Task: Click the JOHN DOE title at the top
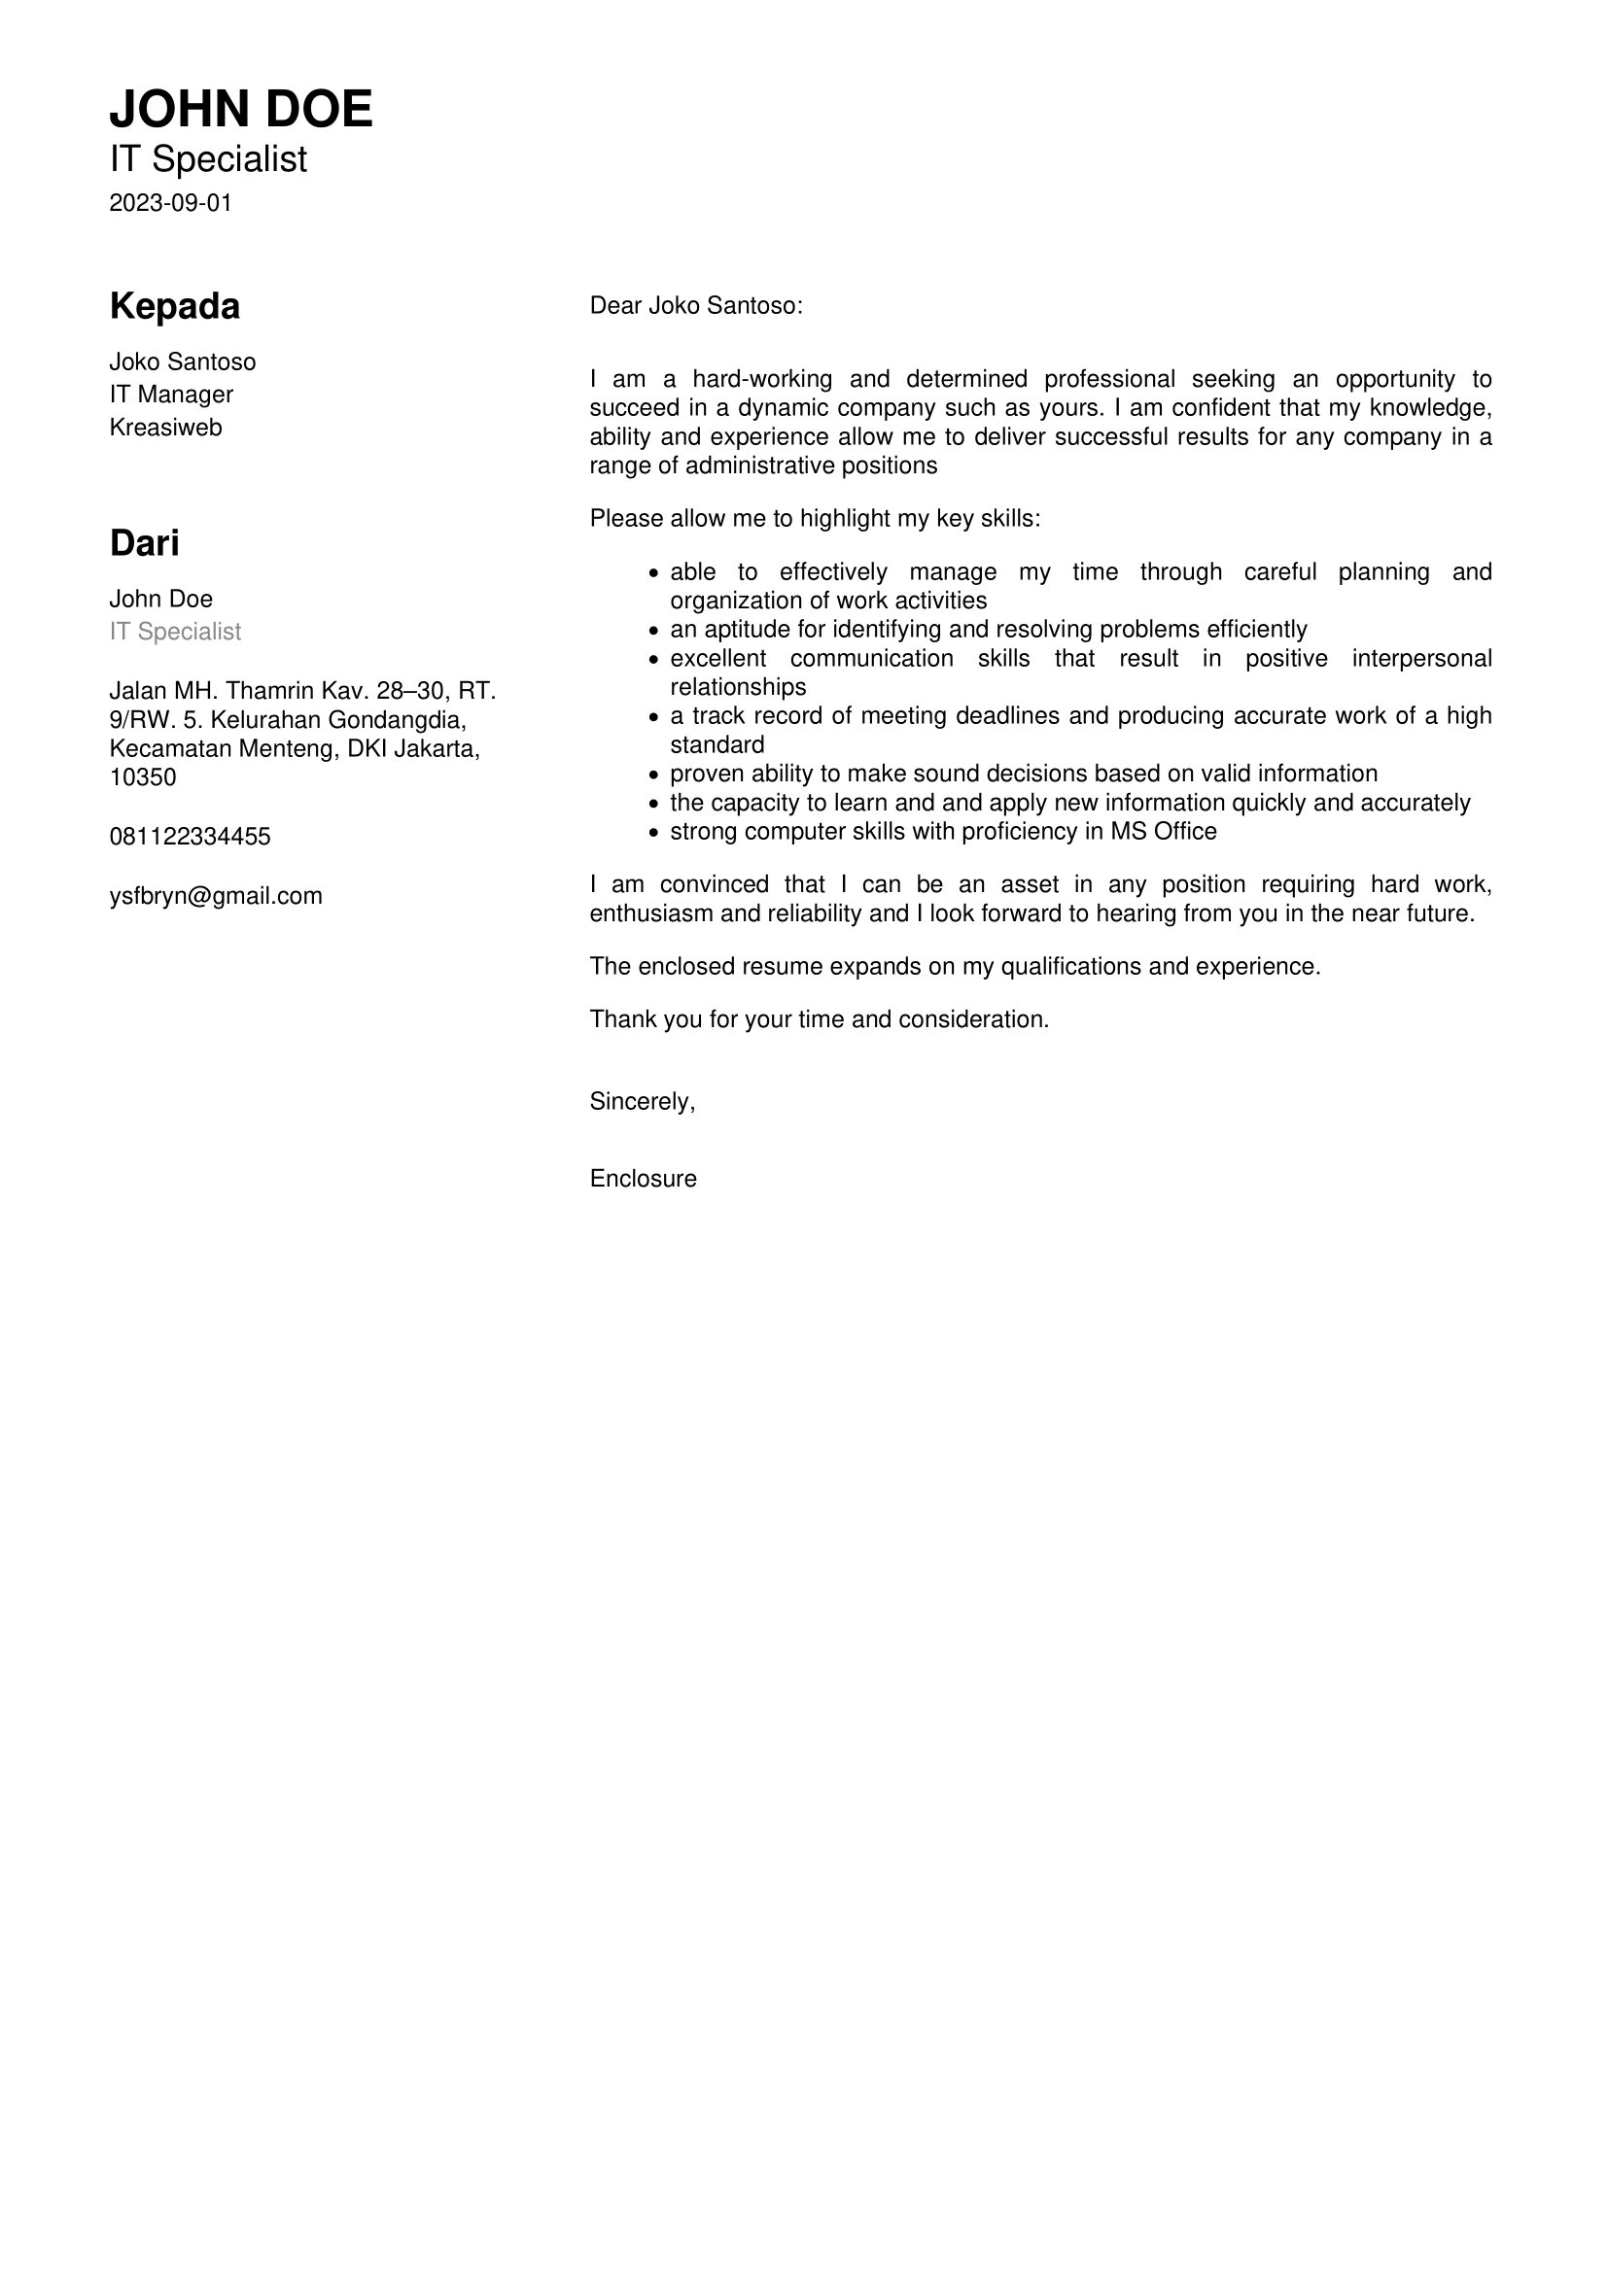point(240,109)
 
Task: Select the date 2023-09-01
point(170,203)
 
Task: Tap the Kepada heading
point(174,307)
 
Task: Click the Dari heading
point(145,543)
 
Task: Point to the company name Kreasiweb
point(165,428)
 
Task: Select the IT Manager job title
point(171,394)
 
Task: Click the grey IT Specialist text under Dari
point(175,632)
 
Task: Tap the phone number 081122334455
point(190,837)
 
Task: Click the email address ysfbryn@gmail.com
point(216,896)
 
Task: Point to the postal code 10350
point(143,777)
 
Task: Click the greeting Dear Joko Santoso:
point(696,306)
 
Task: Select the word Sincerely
point(641,1101)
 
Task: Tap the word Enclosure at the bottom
point(643,1178)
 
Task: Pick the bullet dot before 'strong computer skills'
point(653,833)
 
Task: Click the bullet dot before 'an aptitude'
point(653,631)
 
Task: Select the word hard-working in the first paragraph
point(761,379)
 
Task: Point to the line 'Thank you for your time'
point(819,1019)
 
